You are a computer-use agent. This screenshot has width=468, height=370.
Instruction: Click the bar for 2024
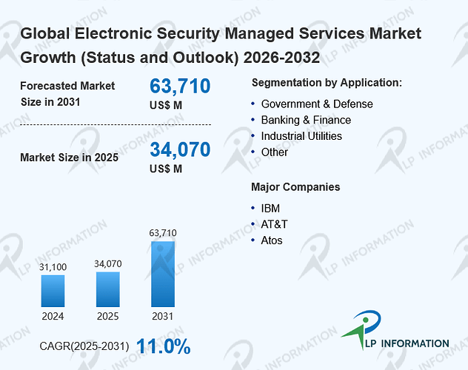pyautogui.click(x=53, y=291)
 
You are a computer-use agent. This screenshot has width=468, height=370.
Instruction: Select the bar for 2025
pyautogui.click(x=108, y=289)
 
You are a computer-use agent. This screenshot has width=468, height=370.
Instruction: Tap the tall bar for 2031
pyautogui.click(x=163, y=274)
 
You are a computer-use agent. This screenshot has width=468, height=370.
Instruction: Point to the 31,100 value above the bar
pyautogui.click(x=53, y=267)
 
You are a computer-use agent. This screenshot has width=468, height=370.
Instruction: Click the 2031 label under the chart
pyautogui.click(x=163, y=316)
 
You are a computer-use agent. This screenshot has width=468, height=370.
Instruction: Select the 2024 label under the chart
pyautogui.click(x=53, y=316)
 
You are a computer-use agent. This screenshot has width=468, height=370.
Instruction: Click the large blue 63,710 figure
pyautogui.click(x=180, y=86)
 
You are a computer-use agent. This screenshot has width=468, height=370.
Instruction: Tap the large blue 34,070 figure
pyautogui.click(x=180, y=149)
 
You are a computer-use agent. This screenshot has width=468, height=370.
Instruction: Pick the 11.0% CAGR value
pyautogui.click(x=164, y=346)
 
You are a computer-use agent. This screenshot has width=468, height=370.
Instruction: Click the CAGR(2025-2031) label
pyautogui.click(x=84, y=346)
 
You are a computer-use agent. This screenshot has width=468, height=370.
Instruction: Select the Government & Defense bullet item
pyautogui.click(x=317, y=104)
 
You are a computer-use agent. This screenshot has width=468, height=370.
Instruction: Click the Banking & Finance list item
pyautogui.click(x=306, y=120)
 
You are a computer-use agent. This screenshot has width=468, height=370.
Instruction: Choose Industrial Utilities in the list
pyautogui.click(x=301, y=136)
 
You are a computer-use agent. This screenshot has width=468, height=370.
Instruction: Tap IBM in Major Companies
pyautogui.click(x=270, y=209)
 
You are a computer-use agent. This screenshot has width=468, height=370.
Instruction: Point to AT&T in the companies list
pyautogui.click(x=274, y=224)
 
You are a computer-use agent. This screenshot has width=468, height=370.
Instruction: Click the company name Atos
pyautogui.click(x=272, y=240)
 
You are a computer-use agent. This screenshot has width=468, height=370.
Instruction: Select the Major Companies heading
pyautogui.click(x=295, y=187)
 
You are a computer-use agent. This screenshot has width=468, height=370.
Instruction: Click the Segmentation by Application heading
pyautogui.click(x=327, y=83)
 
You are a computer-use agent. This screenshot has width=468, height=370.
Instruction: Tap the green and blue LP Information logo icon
pyautogui.click(x=362, y=328)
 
